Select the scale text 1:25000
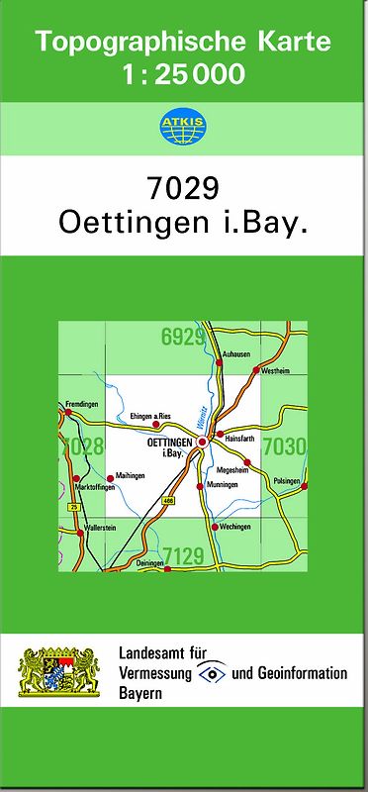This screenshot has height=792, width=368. point(183,73)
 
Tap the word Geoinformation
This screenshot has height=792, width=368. point(303,674)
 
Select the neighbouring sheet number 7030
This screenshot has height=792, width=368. point(283,447)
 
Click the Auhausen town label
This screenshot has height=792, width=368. point(237,353)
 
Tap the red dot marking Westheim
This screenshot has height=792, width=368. point(255,371)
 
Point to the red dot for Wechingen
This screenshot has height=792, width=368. point(215,527)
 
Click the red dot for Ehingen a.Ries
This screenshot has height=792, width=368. point(155,425)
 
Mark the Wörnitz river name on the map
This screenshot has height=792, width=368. point(202,418)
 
